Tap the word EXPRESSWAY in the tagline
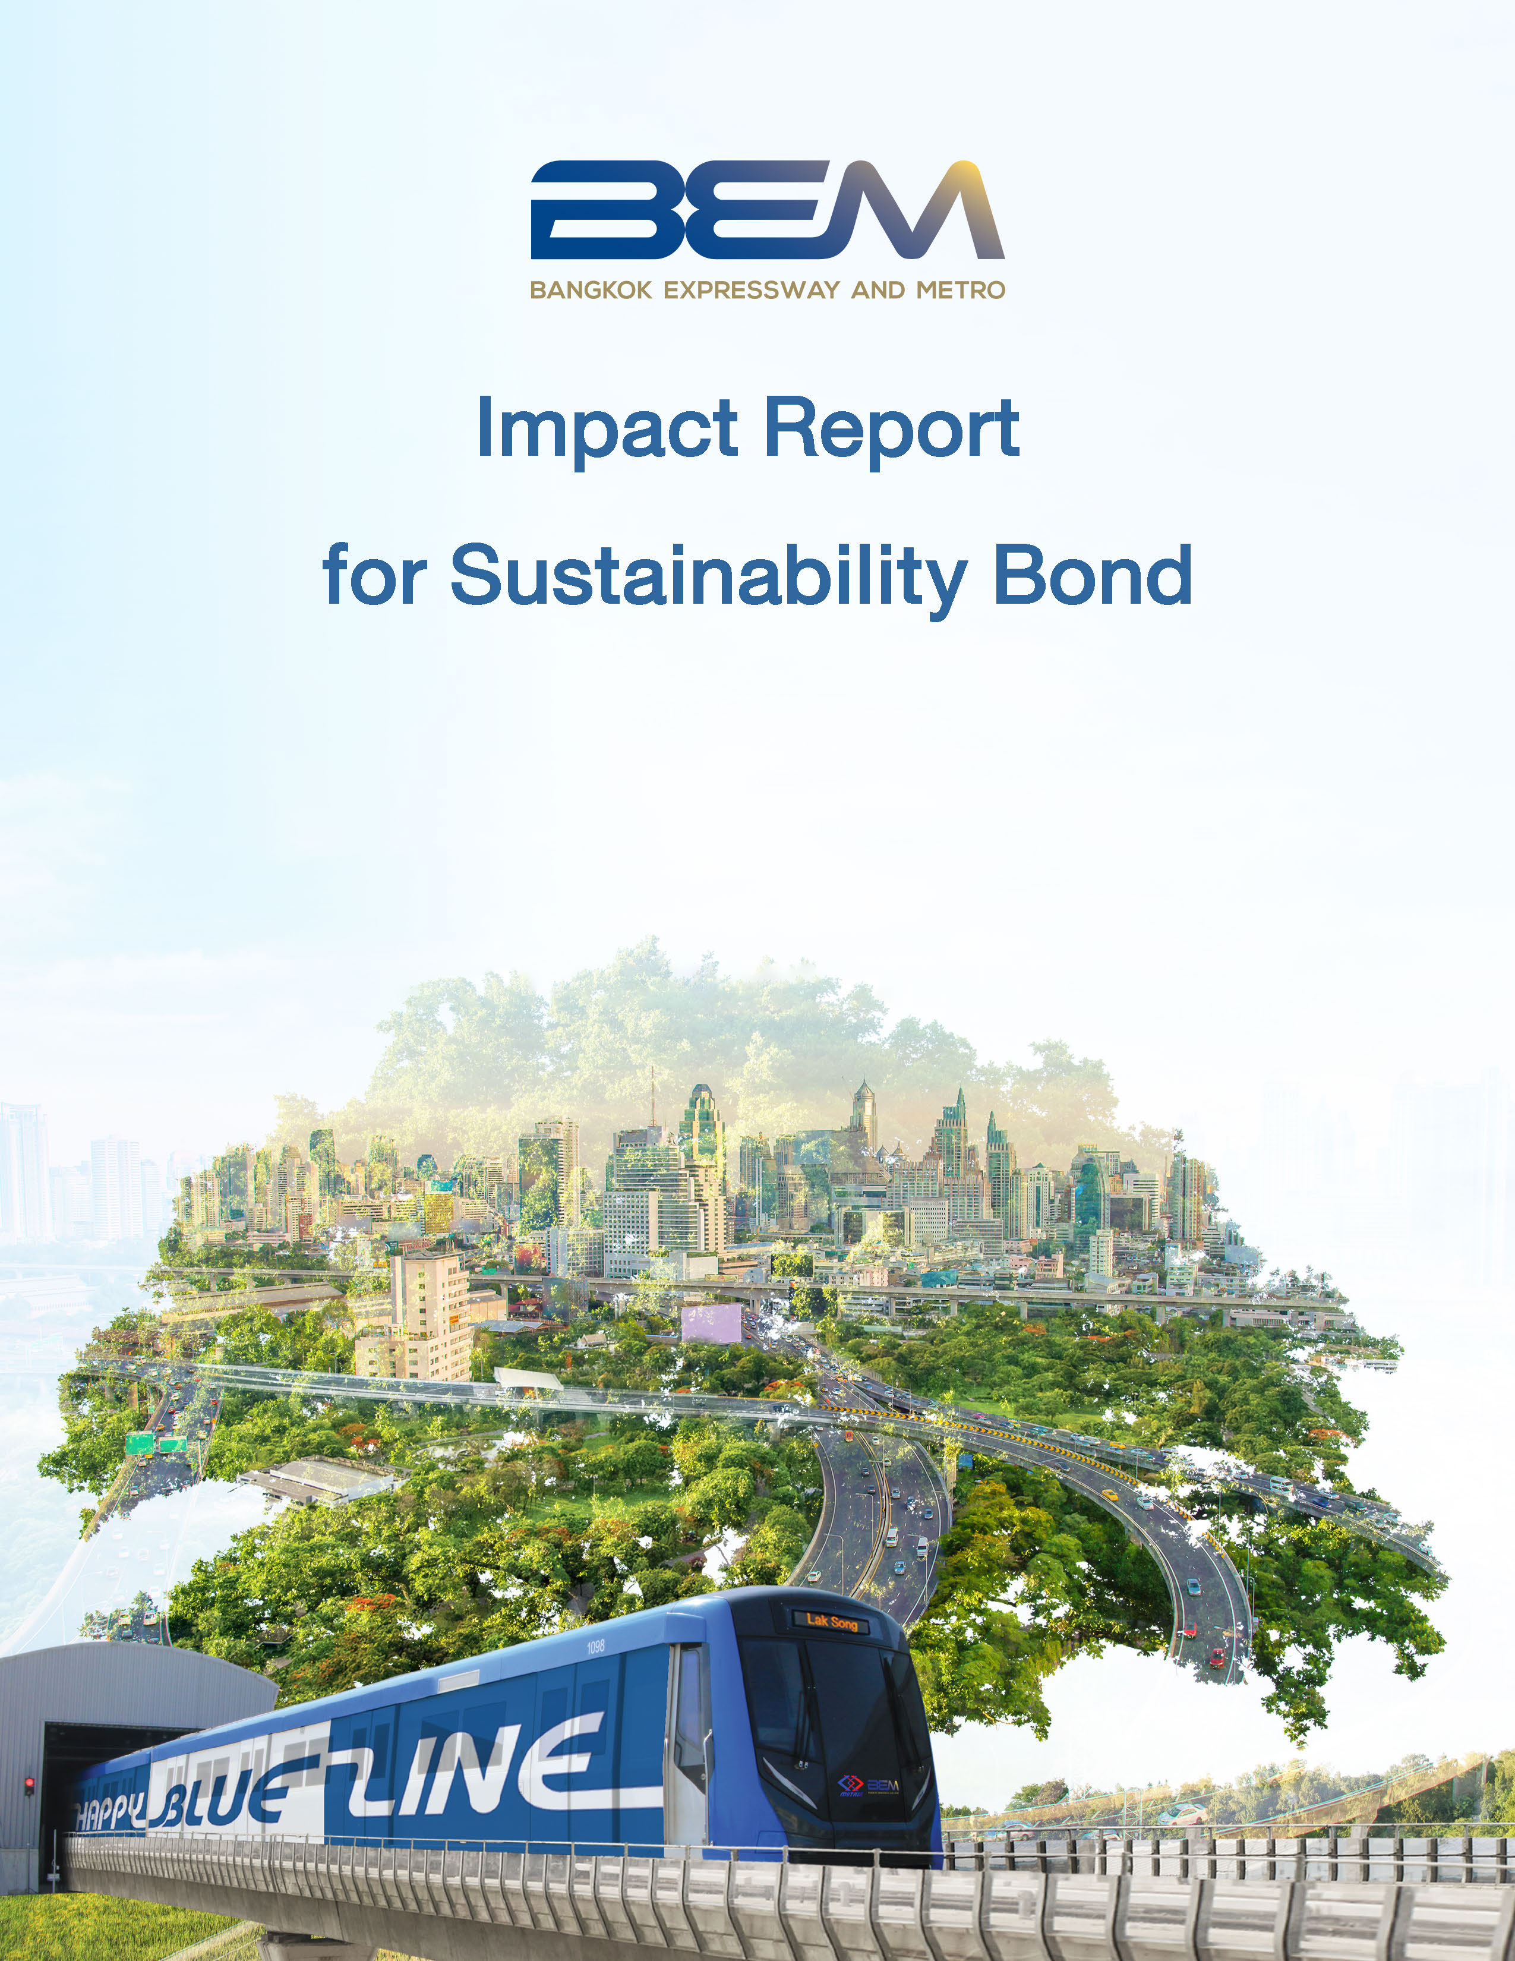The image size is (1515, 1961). coord(752,290)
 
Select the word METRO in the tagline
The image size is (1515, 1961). coord(960,290)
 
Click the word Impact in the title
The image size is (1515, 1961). coord(607,429)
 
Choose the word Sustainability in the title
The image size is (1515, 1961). coord(709,578)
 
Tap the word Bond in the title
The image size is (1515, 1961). coord(1093,576)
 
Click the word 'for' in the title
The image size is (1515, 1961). coord(374,576)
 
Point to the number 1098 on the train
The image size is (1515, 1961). coord(596,1647)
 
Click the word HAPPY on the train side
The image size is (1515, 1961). coord(108,1817)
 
